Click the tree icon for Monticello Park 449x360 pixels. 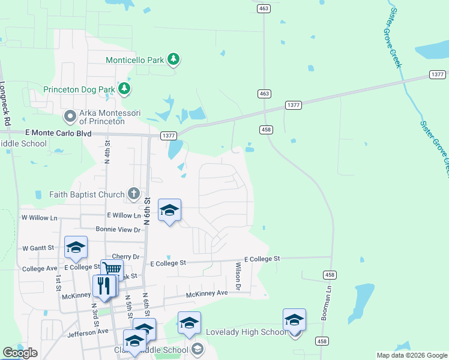(173, 59)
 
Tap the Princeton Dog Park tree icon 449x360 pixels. (124, 89)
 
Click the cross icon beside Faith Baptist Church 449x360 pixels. (134, 193)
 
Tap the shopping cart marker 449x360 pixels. (112, 270)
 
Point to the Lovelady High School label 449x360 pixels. (246, 332)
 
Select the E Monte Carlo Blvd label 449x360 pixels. (58, 133)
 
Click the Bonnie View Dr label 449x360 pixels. (118, 229)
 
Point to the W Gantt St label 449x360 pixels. (39, 248)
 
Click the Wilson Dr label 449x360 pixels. (238, 277)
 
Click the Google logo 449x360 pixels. (20, 353)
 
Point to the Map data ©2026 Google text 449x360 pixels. (411, 355)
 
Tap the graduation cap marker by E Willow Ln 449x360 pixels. (169, 211)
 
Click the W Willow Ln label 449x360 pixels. (39, 217)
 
